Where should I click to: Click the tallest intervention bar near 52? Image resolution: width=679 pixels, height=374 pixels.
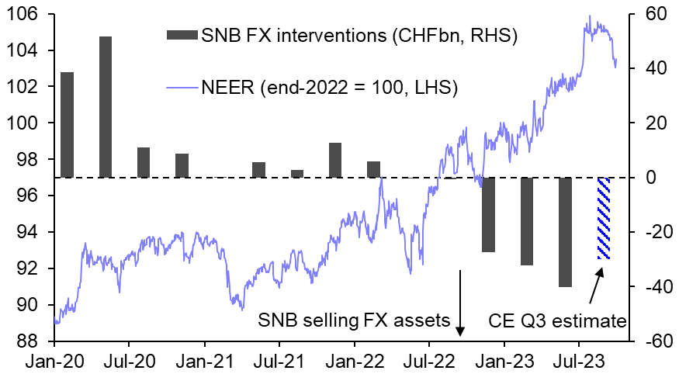point(105,107)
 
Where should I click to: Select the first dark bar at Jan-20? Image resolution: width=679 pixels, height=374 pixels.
point(67,125)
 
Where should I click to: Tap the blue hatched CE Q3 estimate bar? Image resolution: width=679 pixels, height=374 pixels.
point(603,218)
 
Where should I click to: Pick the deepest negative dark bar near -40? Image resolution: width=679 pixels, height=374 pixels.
point(565,232)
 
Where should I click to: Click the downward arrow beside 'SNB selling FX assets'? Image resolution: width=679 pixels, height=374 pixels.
point(460,303)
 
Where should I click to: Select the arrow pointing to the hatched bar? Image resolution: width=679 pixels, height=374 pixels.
point(594,286)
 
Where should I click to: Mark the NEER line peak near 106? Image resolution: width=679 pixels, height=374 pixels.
point(590,16)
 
